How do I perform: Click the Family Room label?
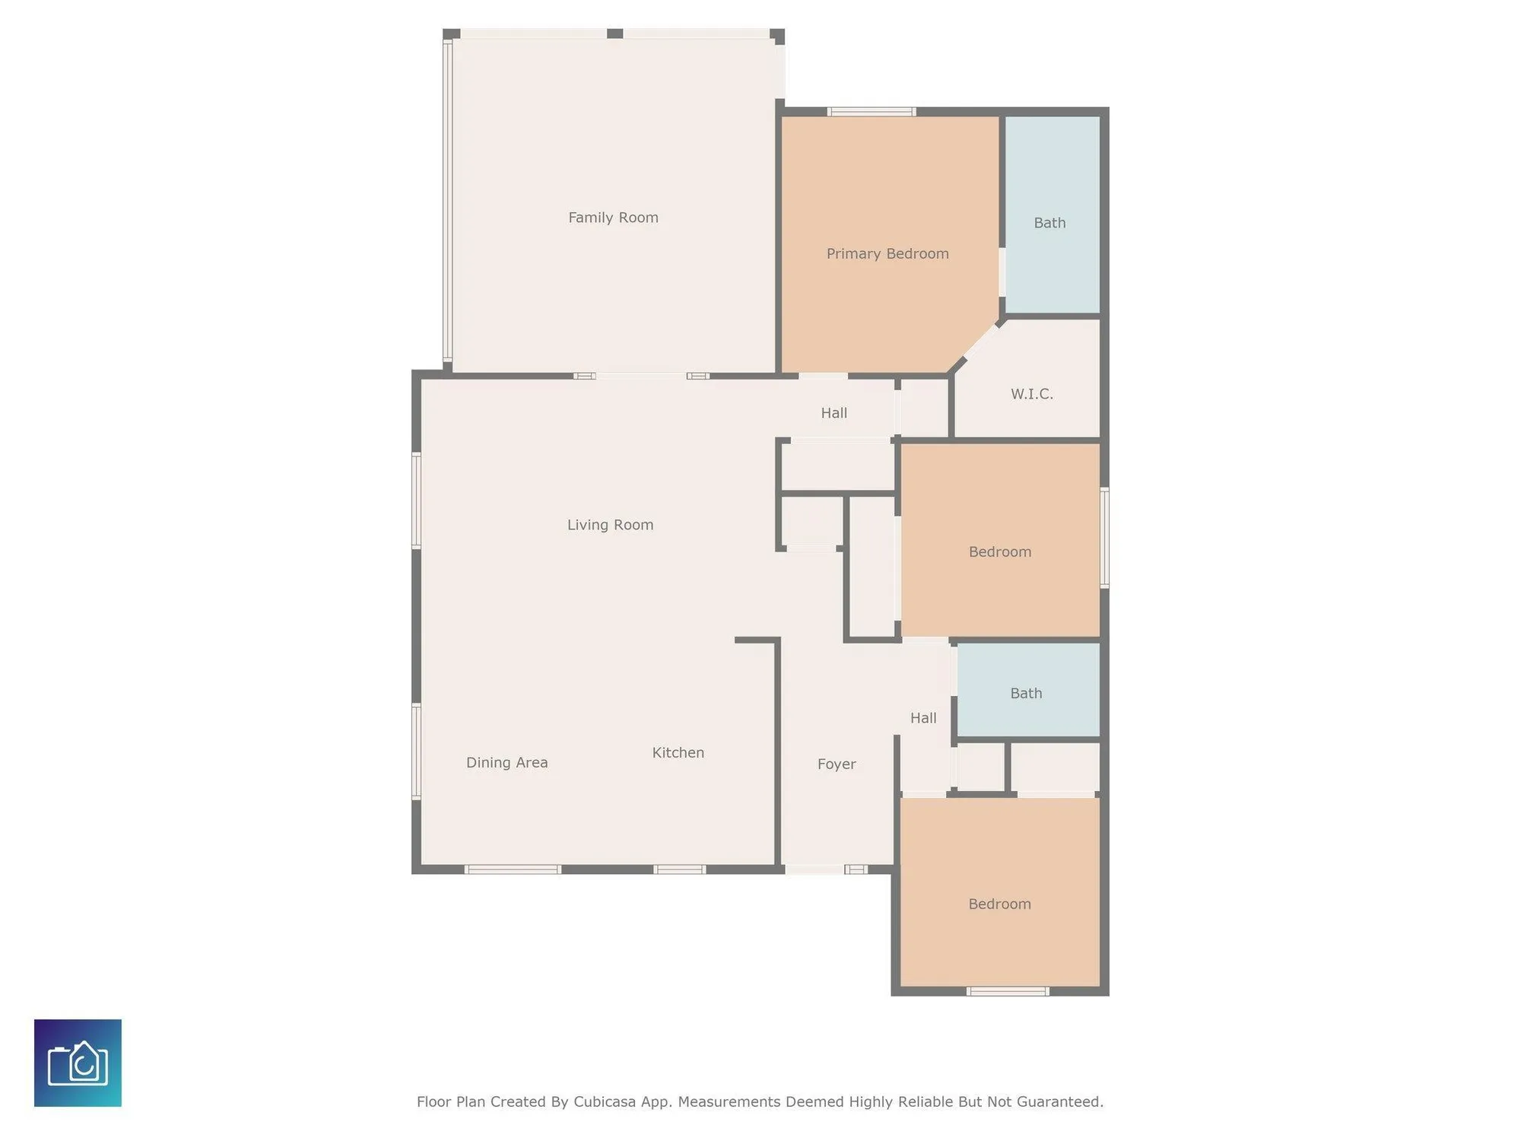click(613, 218)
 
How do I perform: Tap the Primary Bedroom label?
click(888, 254)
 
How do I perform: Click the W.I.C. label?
click(1031, 394)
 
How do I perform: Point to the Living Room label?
click(610, 525)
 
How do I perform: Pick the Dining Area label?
click(506, 763)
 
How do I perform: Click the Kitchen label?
click(678, 753)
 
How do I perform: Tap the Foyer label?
click(837, 764)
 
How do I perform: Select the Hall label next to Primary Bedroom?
click(834, 413)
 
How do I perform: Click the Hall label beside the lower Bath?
click(923, 718)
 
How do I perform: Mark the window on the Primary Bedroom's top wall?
click(871, 112)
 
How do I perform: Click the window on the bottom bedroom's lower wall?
click(1008, 991)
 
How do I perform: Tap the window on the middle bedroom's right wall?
click(1104, 538)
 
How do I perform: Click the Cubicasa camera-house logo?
click(78, 1063)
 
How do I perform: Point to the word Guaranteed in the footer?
click(1059, 1102)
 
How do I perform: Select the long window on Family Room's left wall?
click(447, 202)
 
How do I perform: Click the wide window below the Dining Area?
click(513, 869)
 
